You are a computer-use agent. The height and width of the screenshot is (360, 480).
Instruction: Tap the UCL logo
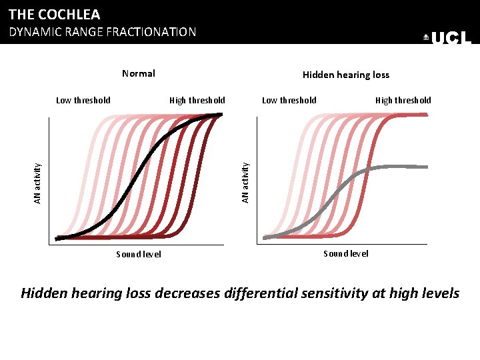pyautogui.click(x=447, y=39)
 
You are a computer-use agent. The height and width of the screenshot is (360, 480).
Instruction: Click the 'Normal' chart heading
pyautogui.click(x=139, y=73)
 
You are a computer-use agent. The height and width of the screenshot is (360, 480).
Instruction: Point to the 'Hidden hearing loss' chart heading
pyautogui.click(x=345, y=75)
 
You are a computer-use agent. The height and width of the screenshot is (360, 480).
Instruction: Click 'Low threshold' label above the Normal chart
pyautogui.click(x=83, y=101)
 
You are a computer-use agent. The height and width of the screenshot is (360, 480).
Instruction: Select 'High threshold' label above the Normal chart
pyautogui.click(x=197, y=101)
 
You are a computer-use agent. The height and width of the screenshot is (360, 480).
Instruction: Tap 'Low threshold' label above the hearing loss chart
pyautogui.click(x=289, y=101)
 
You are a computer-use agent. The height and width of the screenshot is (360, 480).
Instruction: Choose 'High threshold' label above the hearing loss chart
pyautogui.click(x=403, y=101)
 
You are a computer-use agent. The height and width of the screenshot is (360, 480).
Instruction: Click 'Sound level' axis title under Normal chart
pyautogui.click(x=139, y=254)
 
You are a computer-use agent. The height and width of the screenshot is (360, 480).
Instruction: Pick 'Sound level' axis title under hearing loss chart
pyautogui.click(x=345, y=253)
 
